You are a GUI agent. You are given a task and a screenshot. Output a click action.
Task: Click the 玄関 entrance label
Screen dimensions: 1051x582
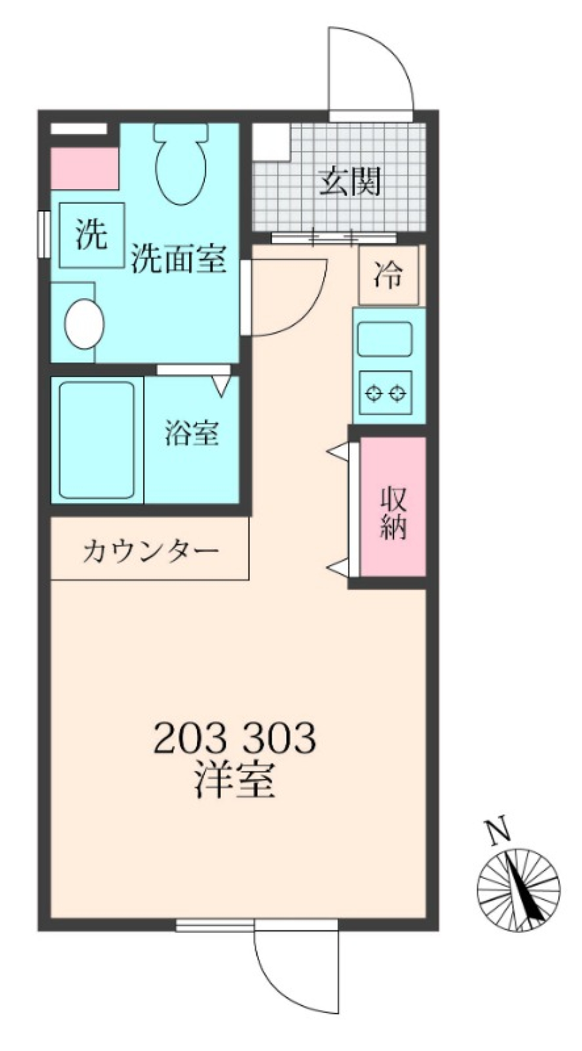coord(350,180)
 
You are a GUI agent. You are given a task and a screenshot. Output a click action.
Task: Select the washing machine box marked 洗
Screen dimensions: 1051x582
coord(92,235)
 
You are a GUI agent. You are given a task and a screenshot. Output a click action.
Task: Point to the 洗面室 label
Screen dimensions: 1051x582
coord(179,259)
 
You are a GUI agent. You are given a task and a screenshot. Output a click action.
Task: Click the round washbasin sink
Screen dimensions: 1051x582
coord(84,325)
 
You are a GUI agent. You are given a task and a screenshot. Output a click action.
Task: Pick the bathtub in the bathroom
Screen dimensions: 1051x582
coord(96,439)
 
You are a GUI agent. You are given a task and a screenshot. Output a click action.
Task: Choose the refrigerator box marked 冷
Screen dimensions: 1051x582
coord(388,275)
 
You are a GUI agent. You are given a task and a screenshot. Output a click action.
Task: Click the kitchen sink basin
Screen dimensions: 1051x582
coord(385,339)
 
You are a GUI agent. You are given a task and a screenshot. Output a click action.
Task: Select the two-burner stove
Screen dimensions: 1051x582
coord(386,393)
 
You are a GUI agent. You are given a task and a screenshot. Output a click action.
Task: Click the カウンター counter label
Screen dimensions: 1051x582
coord(150,552)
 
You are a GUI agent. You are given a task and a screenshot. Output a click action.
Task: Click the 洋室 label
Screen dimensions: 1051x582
coord(235,781)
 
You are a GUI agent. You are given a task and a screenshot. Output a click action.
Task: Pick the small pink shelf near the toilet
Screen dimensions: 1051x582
coord(84,168)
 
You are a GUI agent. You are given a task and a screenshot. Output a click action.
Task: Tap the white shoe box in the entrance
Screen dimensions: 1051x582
coord(270,142)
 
